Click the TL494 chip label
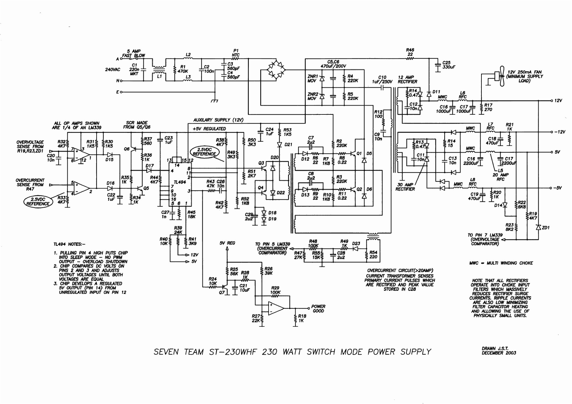pyautogui.click(x=180, y=182)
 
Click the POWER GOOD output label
pyautogui.click(x=318, y=309)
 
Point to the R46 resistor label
pyautogui.click(x=410, y=50)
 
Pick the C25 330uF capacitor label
pyautogui.click(x=448, y=65)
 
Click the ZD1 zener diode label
pyautogui.click(x=546, y=228)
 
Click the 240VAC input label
pyautogui.click(x=113, y=69)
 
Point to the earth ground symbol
pyautogui.click(x=215, y=100)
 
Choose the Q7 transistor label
pyautogui.click(x=221, y=292)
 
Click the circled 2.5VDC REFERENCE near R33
pyautogui.click(x=38, y=202)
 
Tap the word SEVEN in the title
pyautogui.click(x=166, y=352)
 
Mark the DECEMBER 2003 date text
pyautogui.click(x=499, y=353)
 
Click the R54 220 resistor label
pyautogui.click(x=373, y=255)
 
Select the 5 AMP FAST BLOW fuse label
pyautogui.click(x=133, y=53)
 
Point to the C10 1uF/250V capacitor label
pyautogui.click(x=382, y=79)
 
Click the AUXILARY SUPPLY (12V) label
pyautogui.click(x=218, y=120)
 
